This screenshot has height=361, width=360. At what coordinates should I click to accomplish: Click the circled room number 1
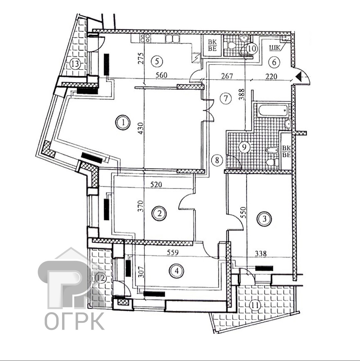click(x=122, y=122)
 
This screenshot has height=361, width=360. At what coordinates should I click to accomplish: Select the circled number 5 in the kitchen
click(x=157, y=61)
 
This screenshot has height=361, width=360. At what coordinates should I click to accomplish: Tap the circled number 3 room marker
click(x=264, y=219)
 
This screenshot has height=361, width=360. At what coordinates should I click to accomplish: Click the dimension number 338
click(x=261, y=254)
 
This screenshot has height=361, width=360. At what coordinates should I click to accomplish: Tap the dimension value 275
click(x=141, y=59)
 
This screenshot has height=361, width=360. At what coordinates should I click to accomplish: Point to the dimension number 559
click(x=173, y=253)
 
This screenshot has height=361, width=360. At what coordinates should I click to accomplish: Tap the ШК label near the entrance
click(x=275, y=48)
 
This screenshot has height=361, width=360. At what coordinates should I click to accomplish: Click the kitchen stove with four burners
click(x=145, y=38)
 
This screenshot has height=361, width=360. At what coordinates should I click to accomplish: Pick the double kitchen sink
click(x=172, y=39)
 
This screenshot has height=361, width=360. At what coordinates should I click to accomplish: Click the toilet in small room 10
click(x=231, y=45)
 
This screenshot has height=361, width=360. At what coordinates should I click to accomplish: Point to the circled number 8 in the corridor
click(x=217, y=160)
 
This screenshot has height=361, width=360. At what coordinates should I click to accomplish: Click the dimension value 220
click(x=271, y=76)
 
